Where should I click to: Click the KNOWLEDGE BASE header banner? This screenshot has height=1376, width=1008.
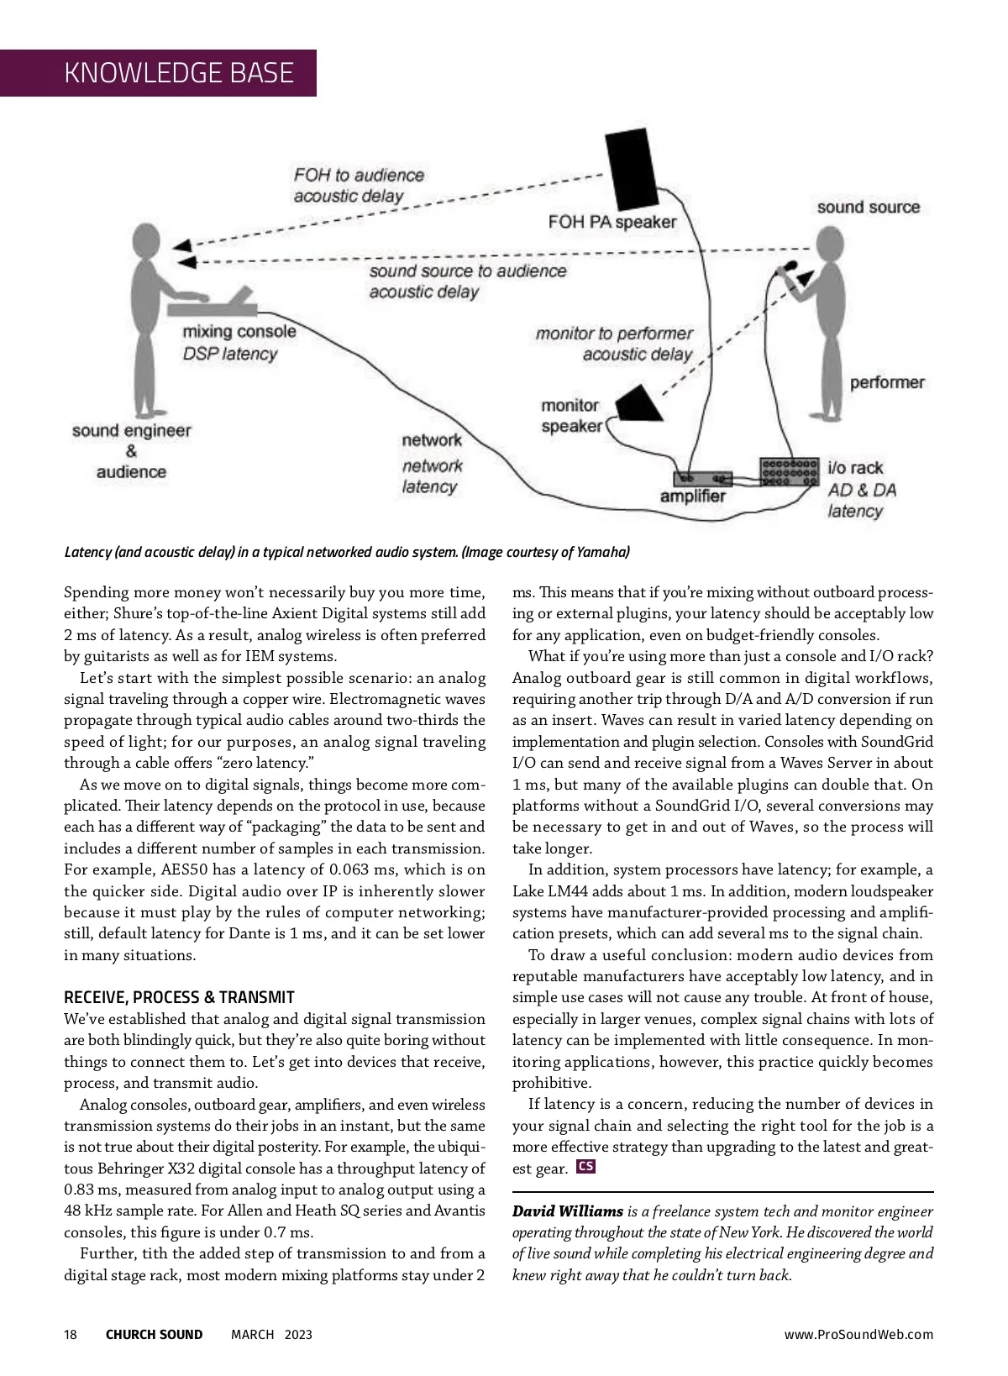[x=178, y=73]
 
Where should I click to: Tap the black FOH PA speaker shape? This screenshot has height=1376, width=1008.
[x=635, y=168]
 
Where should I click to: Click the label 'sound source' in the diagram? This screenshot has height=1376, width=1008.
[x=868, y=207]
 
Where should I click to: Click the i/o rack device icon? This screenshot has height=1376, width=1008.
[x=789, y=471]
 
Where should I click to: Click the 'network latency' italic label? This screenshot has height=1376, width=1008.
[x=431, y=476]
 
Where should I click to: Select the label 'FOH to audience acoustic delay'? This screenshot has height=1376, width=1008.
[x=359, y=186]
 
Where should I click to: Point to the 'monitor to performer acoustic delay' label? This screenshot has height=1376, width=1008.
[x=615, y=344]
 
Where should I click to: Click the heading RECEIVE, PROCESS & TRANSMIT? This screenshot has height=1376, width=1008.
[x=179, y=997]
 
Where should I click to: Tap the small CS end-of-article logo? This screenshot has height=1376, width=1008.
[x=586, y=1167]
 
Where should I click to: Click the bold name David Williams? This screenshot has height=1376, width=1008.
[x=568, y=1211]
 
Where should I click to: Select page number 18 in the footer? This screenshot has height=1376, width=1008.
[x=71, y=1335]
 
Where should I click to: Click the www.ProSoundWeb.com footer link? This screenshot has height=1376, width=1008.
[x=858, y=1335]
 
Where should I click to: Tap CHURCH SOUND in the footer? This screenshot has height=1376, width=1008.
[x=154, y=1335]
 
